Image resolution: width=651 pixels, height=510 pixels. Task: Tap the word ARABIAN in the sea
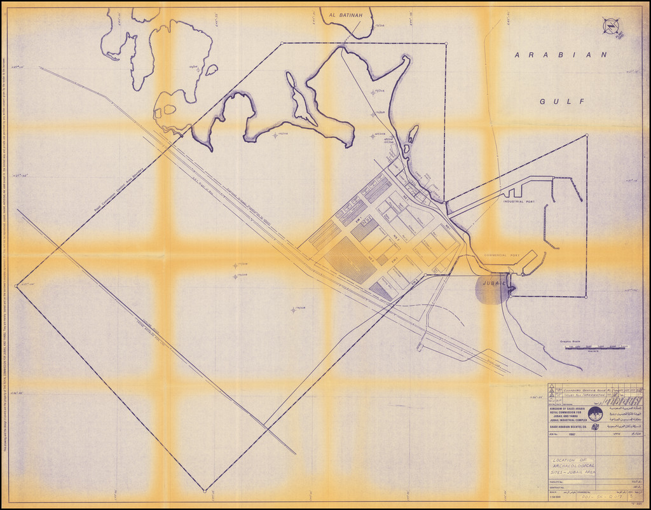(561, 55)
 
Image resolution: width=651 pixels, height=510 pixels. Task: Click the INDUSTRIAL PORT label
(519, 202)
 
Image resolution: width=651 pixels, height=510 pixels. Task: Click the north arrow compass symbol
(611, 26)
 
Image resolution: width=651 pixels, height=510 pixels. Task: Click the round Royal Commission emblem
(595, 414)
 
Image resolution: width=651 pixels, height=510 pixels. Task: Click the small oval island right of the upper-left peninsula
(211, 69)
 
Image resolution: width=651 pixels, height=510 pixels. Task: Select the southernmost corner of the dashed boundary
(205, 490)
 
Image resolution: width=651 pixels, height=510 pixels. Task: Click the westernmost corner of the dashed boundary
(17, 286)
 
